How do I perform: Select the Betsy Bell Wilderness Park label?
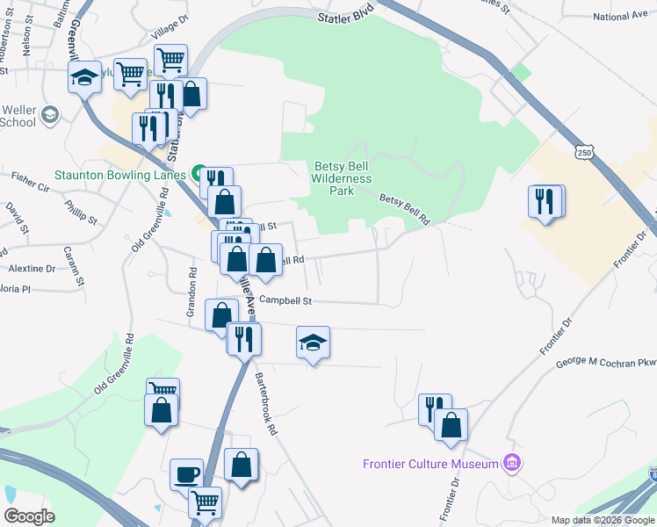tap(343, 179)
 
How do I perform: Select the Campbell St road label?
tap(286, 300)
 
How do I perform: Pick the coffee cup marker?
tap(186, 474)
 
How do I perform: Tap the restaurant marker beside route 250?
tap(545, 201)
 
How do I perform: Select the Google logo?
tap(29, 516)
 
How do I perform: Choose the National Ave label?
tap(619, 16)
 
